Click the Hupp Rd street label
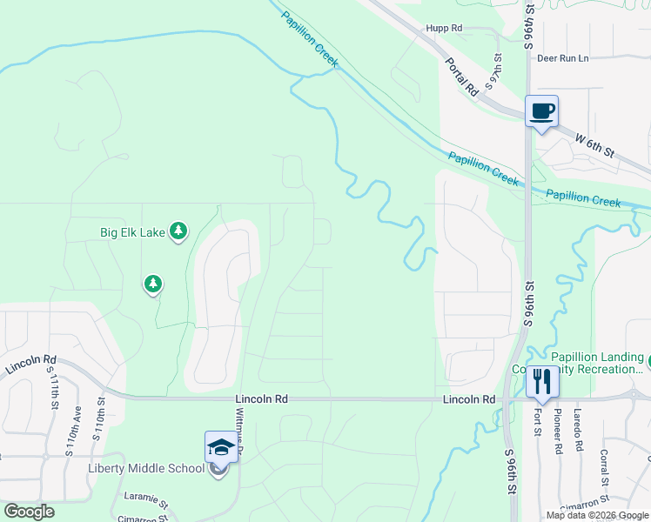tap(444, 28)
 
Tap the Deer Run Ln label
tap(563, 58)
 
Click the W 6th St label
tap(595, 144)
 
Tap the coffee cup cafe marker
tap(541, 112)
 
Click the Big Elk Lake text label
tap(132, 232)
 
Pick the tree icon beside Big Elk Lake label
tap(178, 231)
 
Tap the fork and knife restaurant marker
tap(542, 381)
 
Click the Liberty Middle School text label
tap(146, 468)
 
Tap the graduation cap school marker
tap(220, 449)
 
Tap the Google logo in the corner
tap(29, 512)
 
